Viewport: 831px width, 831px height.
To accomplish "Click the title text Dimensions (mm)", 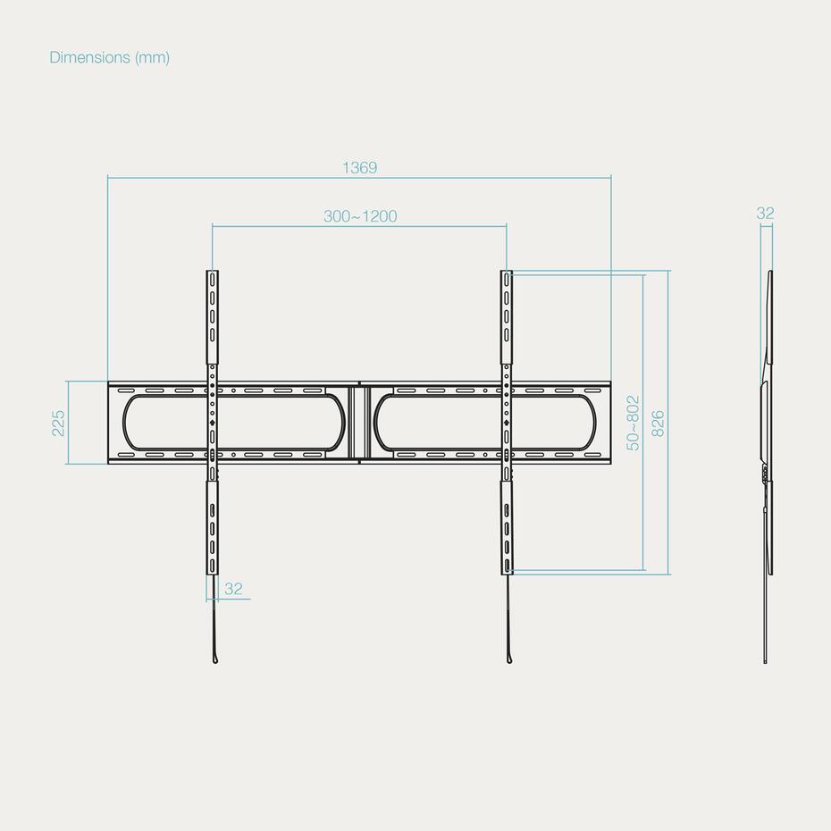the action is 110,57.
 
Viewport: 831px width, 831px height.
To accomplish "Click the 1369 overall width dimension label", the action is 360,167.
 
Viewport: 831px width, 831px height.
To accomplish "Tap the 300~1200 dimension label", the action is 360,216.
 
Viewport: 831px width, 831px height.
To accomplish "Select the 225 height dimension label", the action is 58,423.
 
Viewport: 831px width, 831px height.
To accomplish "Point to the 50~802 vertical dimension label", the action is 634,423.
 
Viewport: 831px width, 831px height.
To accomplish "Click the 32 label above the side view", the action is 765,213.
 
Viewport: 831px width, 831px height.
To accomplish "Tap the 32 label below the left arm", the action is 233,589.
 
